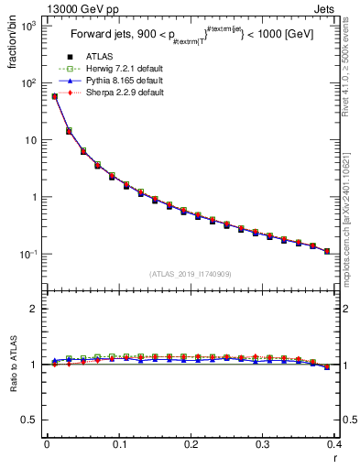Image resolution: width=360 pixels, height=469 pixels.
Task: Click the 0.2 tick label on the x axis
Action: pos(191,444)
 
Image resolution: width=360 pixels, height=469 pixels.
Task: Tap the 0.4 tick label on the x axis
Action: pos(334,444)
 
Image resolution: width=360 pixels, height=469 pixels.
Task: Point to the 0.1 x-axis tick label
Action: pos(118,444)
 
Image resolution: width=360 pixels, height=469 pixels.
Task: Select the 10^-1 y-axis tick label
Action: pos(26,254)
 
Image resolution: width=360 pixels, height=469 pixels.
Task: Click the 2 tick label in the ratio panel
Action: pos(34,309)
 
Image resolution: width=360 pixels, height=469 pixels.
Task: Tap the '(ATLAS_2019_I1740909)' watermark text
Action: pos(190,274)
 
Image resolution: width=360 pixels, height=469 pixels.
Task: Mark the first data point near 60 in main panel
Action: pos(54,96)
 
